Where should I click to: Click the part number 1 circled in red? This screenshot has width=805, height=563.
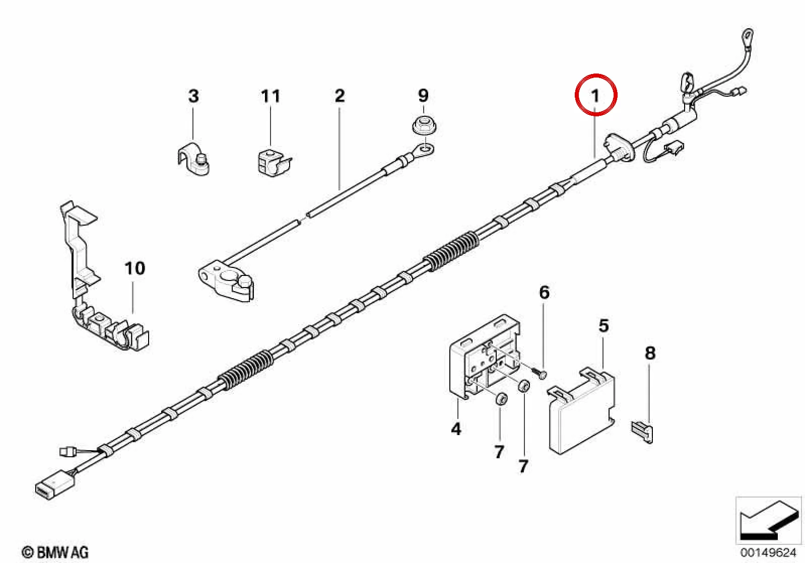(x=595, y=96)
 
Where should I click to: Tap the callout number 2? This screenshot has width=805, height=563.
(x=340, y=96)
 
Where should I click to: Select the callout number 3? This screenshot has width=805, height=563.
(x=193, y=96)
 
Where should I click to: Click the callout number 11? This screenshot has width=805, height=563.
(x=270, y=96)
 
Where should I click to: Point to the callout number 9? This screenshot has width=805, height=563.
(x=423, y=96)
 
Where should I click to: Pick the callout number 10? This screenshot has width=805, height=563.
(x=135, y=268)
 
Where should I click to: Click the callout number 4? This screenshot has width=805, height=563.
(x=456, y=429)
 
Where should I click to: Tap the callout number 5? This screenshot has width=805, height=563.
(x=603, y=325)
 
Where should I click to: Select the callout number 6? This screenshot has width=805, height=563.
(x=545, y=293)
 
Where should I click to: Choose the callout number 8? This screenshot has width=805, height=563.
(x=650, y=353)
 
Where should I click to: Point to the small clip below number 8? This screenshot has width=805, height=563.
(x=642, y=432)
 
